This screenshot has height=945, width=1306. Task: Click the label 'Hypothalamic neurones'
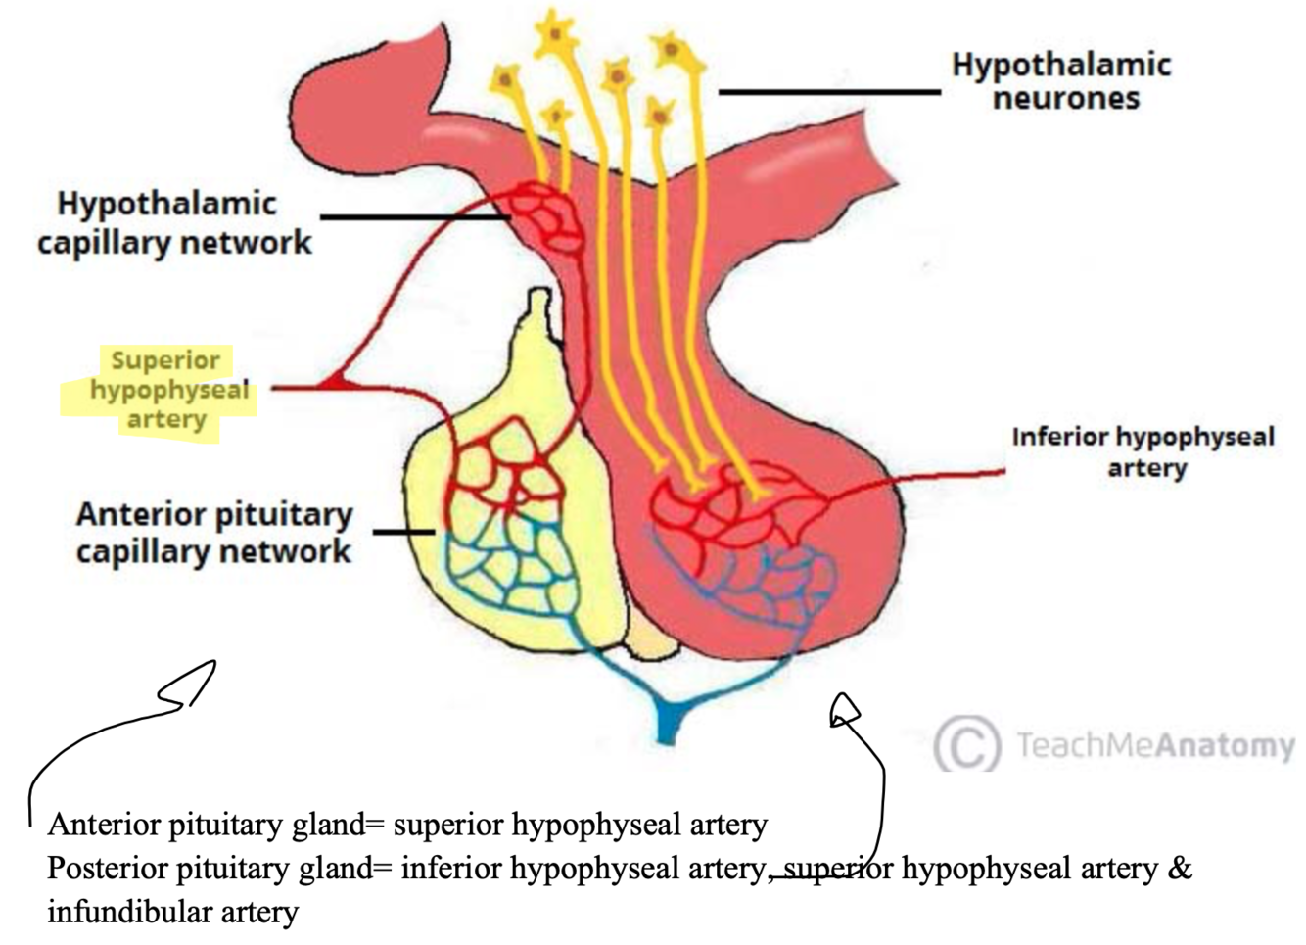(1062, 81)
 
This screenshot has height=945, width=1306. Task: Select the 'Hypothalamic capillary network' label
(174, 222)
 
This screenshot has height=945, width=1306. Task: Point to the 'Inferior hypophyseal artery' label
(1143, 451)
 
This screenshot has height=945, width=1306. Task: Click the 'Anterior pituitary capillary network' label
(213, 533)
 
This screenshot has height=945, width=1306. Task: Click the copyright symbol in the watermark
(966, 745)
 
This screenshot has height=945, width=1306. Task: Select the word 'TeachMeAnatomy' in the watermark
(1155, 745)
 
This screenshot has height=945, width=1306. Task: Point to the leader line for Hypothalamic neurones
(829, 92)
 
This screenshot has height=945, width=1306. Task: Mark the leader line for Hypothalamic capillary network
(411, 216)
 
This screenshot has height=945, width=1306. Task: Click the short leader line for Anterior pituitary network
(403, 532)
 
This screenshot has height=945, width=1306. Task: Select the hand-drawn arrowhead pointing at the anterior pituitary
(192, 685)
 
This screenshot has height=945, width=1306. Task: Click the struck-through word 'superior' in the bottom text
(838, 869)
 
